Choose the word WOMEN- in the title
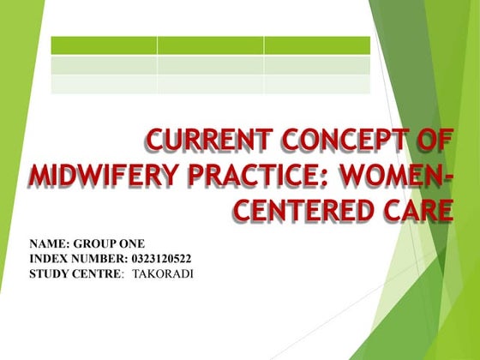[x=395, y=175]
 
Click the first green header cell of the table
[x=104, y=45]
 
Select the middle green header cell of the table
[x=210, y=45]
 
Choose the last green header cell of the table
[x=317, y=45]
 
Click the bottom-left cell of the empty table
[x=104, y=84]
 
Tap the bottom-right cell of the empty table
[x=317, y=84]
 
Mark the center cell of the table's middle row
[x=210, y=65]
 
